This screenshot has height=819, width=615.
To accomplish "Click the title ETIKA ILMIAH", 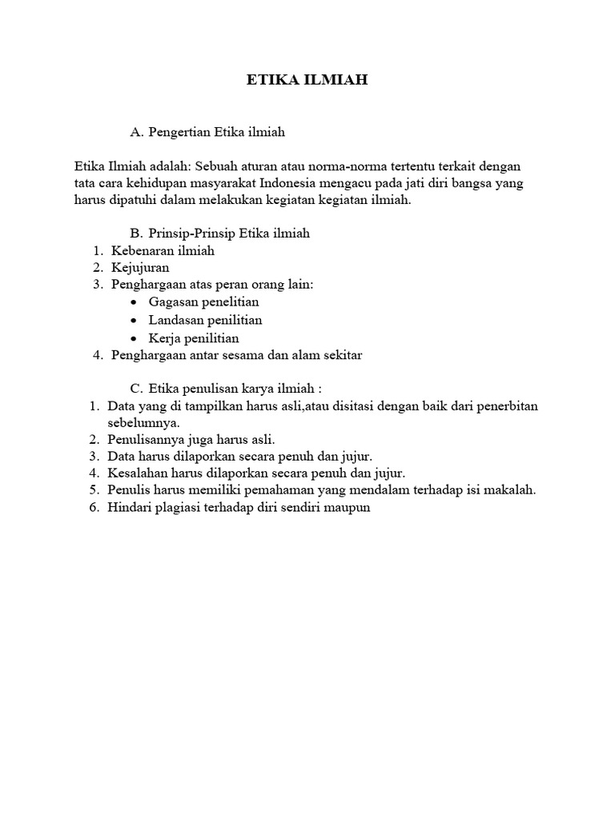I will [307, 80].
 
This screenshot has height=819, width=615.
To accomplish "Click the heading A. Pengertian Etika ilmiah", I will [207, 131].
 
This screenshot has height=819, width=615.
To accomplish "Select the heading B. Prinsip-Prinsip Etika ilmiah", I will [219, 234].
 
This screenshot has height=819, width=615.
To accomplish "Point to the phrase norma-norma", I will [311, 166].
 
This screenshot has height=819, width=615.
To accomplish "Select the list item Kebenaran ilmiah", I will [163, 250].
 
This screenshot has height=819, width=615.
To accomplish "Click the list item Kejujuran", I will [140, 268].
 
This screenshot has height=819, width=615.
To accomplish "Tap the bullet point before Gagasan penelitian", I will [132, 303].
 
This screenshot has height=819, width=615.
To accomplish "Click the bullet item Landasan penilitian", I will [205, 320].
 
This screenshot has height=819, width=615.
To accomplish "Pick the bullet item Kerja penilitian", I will [194, 338].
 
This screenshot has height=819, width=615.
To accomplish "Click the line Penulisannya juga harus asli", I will [191, 439].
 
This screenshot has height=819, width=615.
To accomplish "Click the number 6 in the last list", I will [93, 508].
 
